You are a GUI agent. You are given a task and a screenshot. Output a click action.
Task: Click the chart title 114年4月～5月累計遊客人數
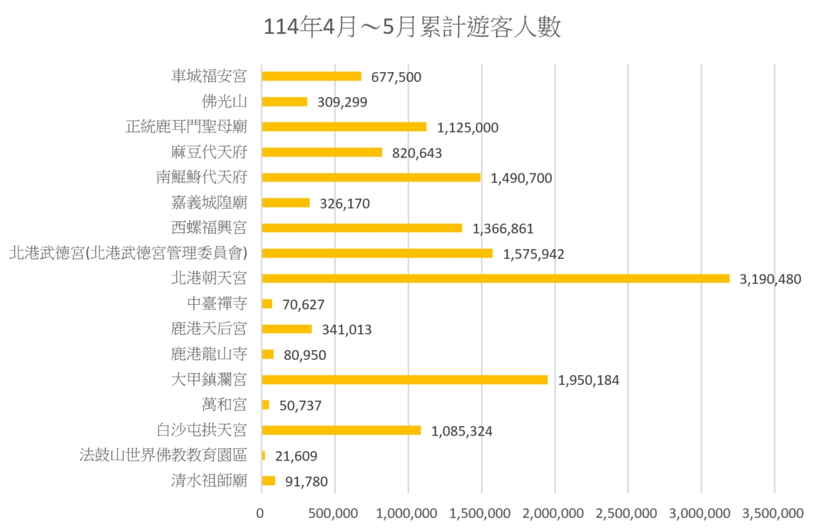(412, 28)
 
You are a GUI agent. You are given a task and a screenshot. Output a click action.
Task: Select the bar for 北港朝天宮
(495, 278)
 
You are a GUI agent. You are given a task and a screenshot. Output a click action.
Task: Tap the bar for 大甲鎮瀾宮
(405, 380)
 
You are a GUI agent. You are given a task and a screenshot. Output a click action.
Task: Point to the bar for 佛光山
(284, 101)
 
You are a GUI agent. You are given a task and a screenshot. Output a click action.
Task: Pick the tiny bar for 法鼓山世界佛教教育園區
(263, 455)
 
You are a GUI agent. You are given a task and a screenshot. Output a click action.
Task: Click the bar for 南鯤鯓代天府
(371, 177)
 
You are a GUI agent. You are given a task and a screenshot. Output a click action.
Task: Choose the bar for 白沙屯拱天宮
(341, 430)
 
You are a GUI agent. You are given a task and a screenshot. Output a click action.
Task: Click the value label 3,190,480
(770, 279)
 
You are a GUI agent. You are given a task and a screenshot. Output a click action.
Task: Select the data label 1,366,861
(503, 229)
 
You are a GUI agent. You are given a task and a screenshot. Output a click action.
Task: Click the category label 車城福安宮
(209, 77)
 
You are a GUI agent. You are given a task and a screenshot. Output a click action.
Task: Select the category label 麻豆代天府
(209, 152)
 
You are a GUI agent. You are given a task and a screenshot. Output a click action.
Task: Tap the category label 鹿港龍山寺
(209, 354)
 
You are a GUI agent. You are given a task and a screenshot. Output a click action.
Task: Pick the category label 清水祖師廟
(209, 481)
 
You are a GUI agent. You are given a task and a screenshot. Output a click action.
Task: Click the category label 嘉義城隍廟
(209, 203)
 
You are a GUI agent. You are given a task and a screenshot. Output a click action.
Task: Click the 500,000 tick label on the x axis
(334, 513)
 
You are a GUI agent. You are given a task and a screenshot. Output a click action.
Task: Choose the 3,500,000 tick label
(774, 513)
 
